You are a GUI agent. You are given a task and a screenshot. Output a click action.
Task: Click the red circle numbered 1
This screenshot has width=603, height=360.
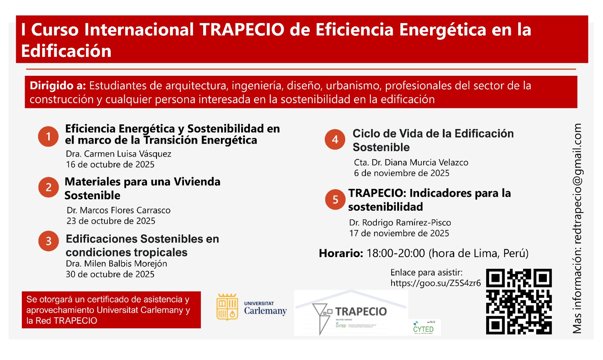(x=48, y=136)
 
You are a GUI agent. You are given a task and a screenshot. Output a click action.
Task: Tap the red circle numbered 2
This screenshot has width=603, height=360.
(x=49, y=187)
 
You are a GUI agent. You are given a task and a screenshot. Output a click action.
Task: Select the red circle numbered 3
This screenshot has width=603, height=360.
(x=49, y=241)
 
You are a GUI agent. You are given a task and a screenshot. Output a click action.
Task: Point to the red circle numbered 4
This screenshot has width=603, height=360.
(x=335, y=139)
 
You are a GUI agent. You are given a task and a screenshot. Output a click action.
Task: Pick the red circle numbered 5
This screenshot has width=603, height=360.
(x=335, y=199)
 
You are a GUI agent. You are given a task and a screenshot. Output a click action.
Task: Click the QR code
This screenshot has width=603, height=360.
(x=519, y=301)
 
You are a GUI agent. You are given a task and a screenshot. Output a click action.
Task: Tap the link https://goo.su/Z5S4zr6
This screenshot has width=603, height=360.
(x=435, y=283)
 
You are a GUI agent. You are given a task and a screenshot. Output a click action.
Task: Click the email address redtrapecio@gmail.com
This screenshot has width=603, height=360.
(x=577, y=182)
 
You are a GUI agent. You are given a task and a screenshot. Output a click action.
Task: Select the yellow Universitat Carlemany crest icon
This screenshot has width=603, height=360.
(x=227, y=307)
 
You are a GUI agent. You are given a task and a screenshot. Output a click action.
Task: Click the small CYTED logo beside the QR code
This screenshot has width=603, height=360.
(x=424, y=327)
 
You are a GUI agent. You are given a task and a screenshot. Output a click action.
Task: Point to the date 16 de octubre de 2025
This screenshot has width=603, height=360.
(x=110, y=164)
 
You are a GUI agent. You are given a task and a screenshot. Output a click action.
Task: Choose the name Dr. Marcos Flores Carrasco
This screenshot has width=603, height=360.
(x=118, y=210)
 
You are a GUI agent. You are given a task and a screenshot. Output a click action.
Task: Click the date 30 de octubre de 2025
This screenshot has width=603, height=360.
(x=110, y=274)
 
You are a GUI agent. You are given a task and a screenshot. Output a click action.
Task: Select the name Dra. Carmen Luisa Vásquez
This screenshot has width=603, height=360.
(x=118, y=154)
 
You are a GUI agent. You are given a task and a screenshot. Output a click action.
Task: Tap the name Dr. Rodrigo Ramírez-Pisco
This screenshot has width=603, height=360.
(x=400, y=222)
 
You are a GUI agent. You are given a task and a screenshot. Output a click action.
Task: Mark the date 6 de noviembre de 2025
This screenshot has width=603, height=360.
(x=401, y=173)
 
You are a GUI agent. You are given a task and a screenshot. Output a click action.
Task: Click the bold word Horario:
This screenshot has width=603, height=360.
(x=341, y=253)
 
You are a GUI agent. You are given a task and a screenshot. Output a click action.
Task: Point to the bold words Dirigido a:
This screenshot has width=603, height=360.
(x=58, y=86)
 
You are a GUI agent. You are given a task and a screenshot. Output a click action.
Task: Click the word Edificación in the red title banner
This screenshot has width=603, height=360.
(x=66, y=51)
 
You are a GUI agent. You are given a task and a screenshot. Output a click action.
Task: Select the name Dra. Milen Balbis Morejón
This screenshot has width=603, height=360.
(x=116, y=263)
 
